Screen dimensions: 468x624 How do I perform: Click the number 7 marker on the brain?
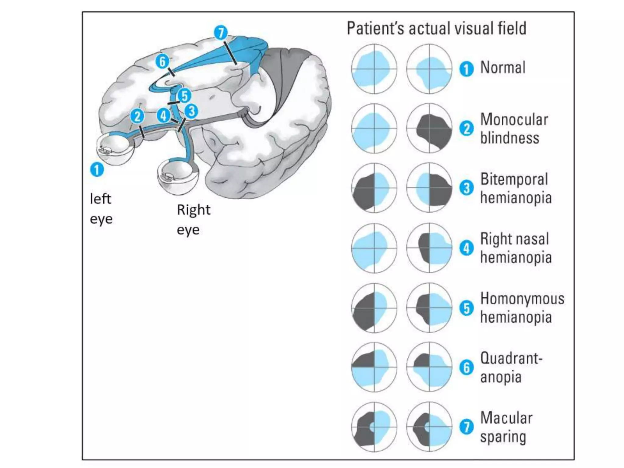coord(221,33)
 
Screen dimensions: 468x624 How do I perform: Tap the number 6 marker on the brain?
coord(162,62)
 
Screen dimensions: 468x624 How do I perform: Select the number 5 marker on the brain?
coord(184,96)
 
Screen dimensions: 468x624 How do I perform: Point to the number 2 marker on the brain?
coord(137,116)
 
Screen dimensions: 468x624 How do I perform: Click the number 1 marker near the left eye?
coord(97,170)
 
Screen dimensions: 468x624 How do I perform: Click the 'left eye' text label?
coord(101,209)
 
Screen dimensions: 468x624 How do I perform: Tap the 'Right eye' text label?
coord(193,219)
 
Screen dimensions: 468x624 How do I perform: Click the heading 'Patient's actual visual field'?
coord(436,29)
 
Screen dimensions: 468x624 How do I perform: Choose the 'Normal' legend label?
coord(503,68)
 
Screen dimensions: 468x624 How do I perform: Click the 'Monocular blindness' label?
coord(514,129)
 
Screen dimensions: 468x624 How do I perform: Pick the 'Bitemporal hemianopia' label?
coord(516,188)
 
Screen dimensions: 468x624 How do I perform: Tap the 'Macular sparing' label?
coord(506,427)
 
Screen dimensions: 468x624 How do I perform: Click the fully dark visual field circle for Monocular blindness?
coord(429,128)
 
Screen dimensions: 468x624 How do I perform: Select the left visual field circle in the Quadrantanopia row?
coord(374,367)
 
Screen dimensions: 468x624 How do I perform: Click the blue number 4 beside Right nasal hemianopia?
coord(466,248)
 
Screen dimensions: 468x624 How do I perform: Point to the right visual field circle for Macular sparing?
coord(429,427)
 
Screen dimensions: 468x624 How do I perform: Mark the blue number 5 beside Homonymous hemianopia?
coord(466,308)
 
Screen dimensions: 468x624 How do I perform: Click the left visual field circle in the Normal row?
coord(374,69)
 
